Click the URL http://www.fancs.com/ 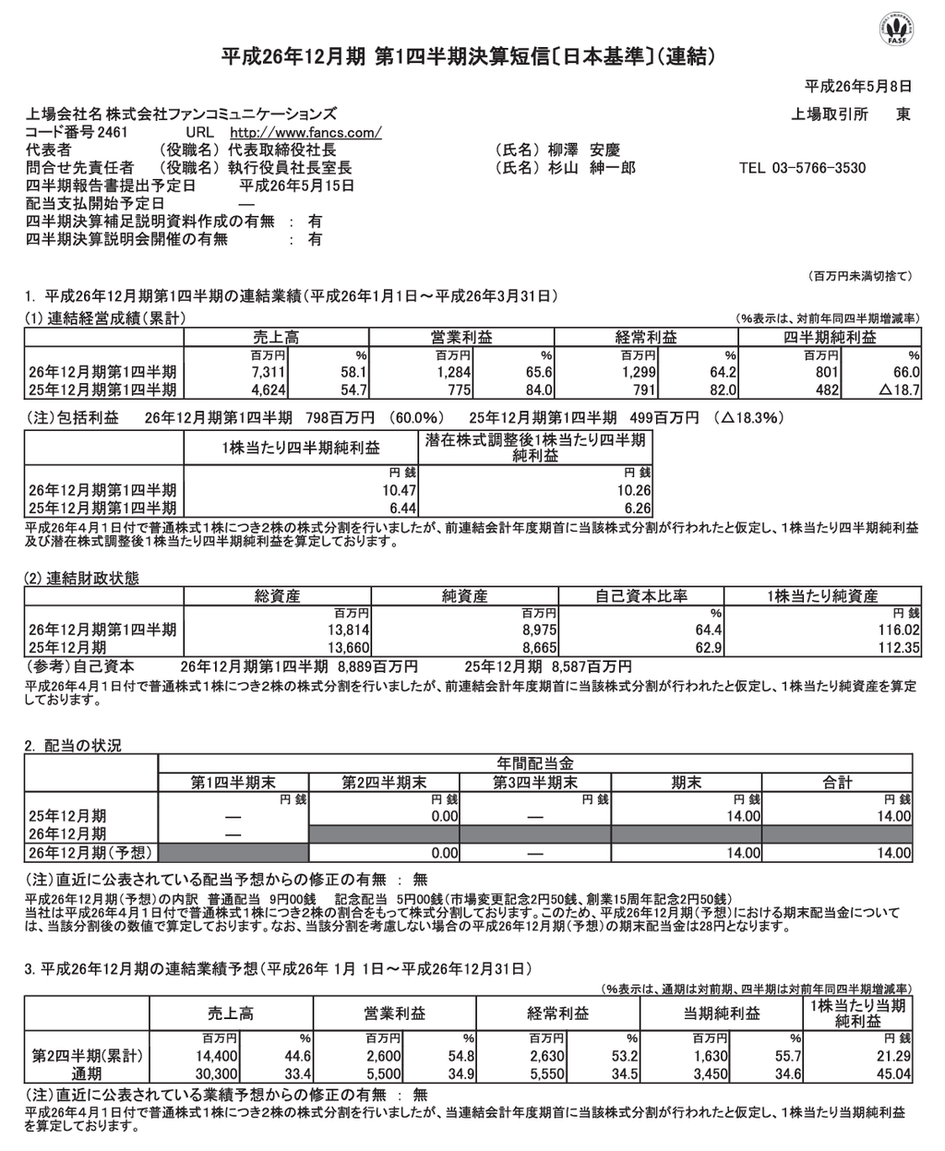tap(305, 132)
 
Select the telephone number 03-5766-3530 tap(819, 168)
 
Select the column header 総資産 tap(278, 596)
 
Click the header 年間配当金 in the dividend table tap(535, 763)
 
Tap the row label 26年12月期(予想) tap(91, 851)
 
